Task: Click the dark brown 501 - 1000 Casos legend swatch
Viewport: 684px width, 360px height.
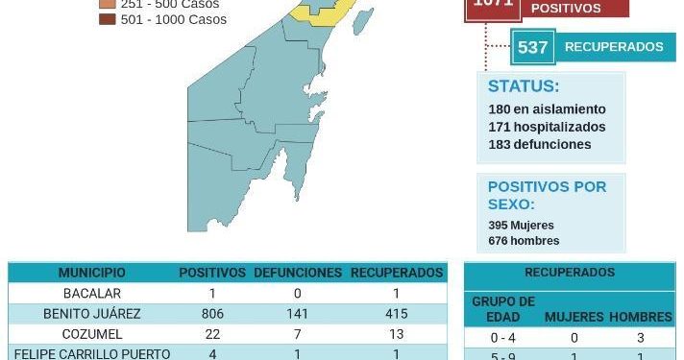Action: point(107,19)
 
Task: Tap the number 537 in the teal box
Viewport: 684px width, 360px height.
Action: point(532,47)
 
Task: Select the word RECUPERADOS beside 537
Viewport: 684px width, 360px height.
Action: point(613,47)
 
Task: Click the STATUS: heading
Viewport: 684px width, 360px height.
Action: point(524,86)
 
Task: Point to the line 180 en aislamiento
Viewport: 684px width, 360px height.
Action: point(547,109)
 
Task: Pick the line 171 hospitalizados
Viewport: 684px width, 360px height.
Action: point(547,127)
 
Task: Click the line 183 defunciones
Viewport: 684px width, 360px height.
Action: point(539,144)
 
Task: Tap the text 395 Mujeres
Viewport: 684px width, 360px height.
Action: point(521,225)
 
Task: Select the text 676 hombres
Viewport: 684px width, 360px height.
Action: point(524,241)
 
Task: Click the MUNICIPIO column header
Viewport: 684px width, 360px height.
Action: point(91,273)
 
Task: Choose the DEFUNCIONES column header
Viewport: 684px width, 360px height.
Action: point(297,273)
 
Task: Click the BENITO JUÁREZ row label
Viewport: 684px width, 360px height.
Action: point(92,314)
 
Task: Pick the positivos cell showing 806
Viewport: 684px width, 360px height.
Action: point(211,314)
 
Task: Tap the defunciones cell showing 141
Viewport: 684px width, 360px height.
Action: point(297,314)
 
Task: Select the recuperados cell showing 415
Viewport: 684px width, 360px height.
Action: point(396,314)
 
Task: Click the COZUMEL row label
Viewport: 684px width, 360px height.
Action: point(92,333)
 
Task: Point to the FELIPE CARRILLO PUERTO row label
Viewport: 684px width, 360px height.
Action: point(92,353)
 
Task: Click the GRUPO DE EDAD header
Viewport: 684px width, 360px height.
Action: point(503,309)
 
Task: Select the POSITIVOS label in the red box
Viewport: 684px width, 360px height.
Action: point(566,9)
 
